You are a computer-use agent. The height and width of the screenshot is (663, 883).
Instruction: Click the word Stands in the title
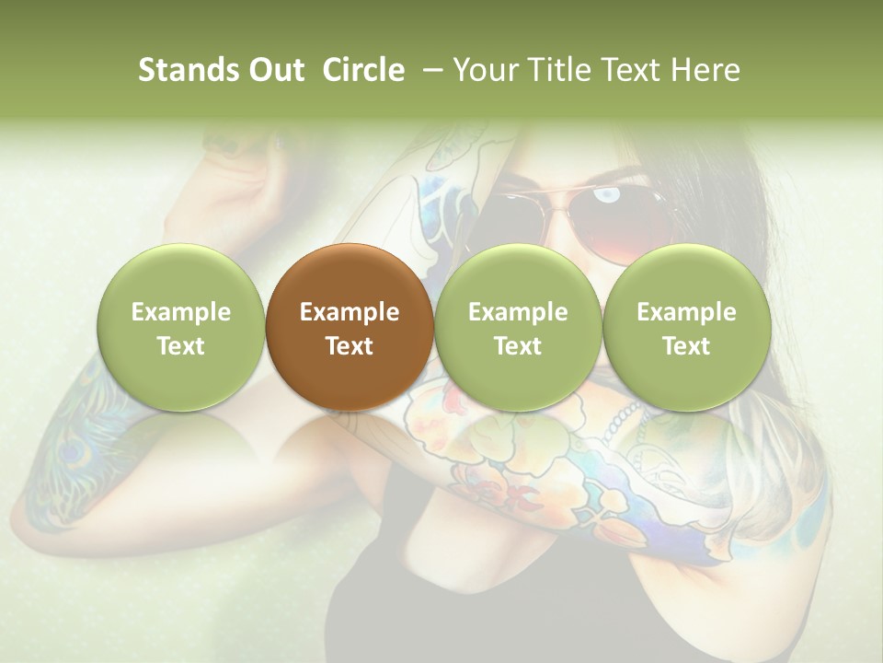click(x=188, y=70)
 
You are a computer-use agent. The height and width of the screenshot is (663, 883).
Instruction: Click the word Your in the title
click(x=483, y=70)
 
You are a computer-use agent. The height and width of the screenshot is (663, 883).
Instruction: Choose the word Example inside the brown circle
click(x=349, y=312)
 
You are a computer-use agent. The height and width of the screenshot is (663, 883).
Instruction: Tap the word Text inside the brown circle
click(x=349, y=346)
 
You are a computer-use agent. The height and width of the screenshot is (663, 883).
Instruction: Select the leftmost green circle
click(x=180, y=327)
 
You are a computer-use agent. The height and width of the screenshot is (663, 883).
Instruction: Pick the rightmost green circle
click(x=686, y=327)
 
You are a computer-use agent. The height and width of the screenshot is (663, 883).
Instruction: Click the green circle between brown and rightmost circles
click(x=518, y=327)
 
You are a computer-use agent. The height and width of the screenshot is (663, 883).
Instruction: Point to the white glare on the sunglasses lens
click(x=608, y=194)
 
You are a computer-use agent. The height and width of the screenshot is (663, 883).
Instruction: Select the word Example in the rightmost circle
click(x=686, y=312)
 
